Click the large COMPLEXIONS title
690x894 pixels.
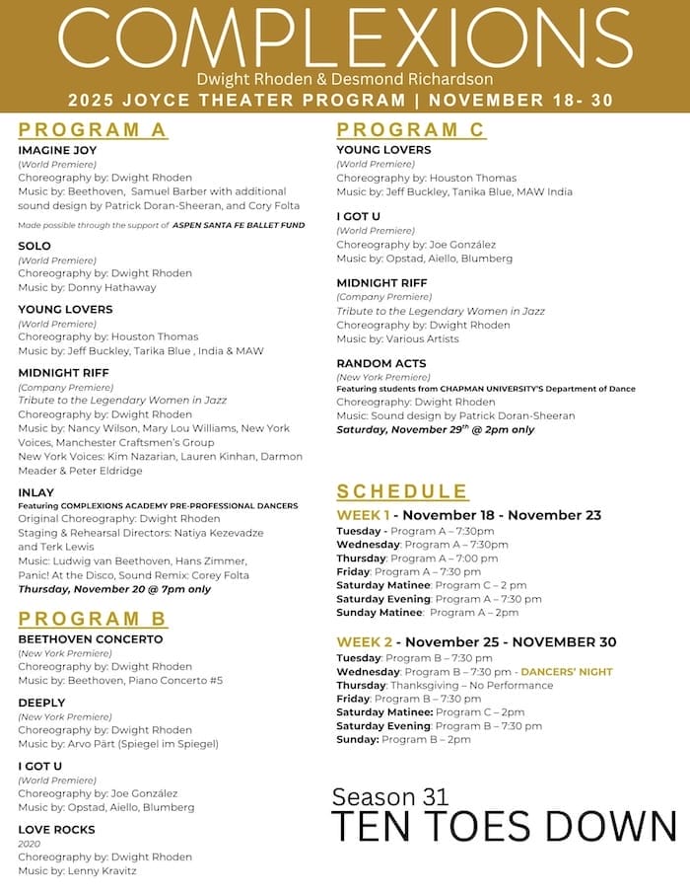pos(345,37)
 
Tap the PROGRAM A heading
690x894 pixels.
pos(93,130)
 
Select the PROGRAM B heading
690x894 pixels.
pos(93,619)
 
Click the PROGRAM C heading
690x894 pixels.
pos(411,130)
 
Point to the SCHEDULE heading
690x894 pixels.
pos(402,491)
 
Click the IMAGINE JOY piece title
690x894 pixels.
pos(57,150)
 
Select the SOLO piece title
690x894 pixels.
pos(34,245)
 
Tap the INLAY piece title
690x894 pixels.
pos(36,492)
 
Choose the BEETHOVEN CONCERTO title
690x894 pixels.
pos(90,638)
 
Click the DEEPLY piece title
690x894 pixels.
pos(42,703)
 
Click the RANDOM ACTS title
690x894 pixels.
pos(381,363)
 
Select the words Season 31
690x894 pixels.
pos(389,796)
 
